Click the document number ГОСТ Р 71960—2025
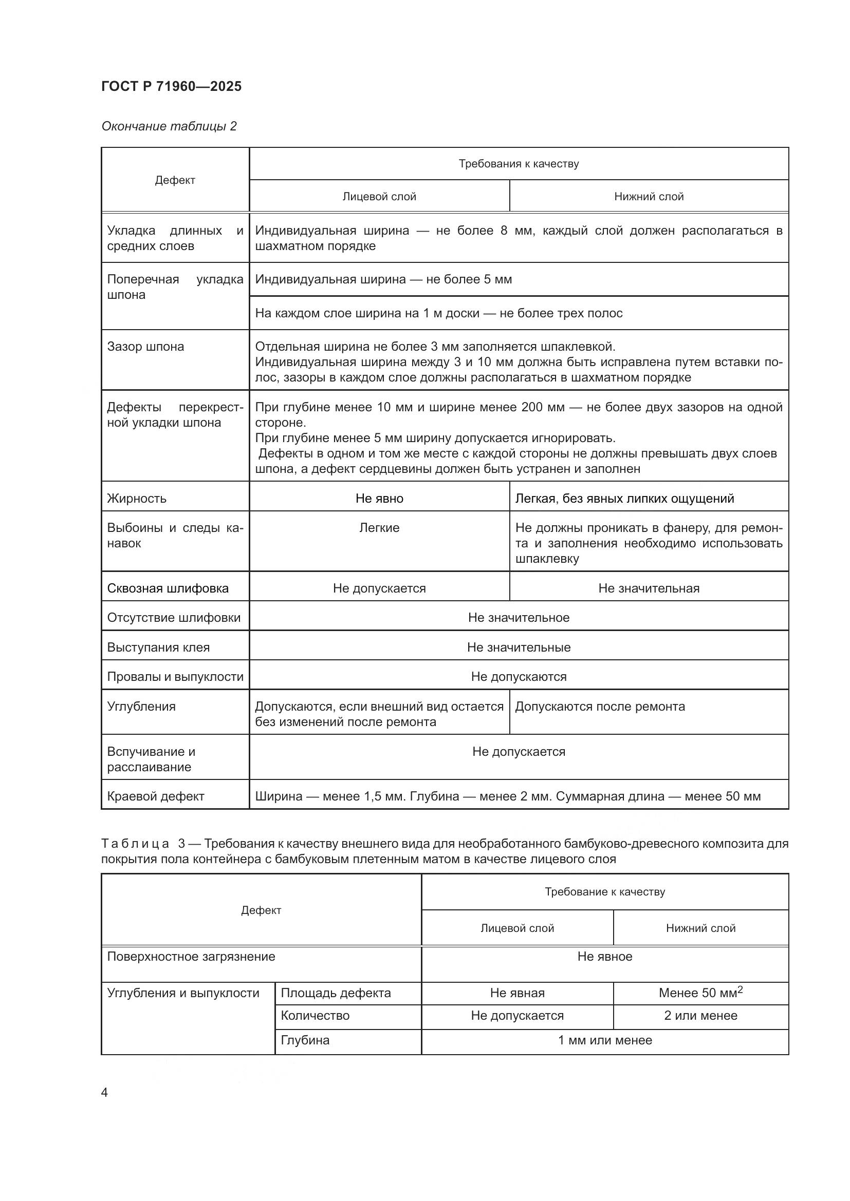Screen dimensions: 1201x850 tap(171, 86)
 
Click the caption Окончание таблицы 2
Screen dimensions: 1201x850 tap(169, 126)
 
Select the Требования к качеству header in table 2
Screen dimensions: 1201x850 tap(518, 164)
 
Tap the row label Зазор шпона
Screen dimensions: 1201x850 tap(145, 346)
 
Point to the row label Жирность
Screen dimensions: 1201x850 tap(137, 498)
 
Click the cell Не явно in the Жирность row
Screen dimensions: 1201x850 tap(379, 498)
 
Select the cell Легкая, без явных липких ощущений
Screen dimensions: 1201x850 tap(624, 498)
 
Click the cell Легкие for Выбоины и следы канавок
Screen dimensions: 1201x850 tap(379, 527)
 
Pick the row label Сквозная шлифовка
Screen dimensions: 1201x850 tap(168, 588)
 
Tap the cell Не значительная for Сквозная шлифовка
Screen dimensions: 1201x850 tap(649, 588)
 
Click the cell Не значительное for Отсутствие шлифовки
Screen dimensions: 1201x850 tap(518, 617)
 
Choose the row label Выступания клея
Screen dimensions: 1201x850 tap(158, 647)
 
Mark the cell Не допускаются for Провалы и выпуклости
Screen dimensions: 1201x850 tap(518, 676)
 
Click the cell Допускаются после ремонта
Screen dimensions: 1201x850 tap(600, 706)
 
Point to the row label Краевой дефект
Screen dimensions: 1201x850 tap(155, 796)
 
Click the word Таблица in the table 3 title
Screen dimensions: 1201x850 tap(135, 843)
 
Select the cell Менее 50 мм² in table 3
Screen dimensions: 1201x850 tap(700, 993)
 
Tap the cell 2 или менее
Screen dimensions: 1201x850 tap(700, 1015)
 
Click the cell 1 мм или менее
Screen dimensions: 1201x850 tap(604, 1040)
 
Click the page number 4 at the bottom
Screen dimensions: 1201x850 tap(104, 1092)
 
